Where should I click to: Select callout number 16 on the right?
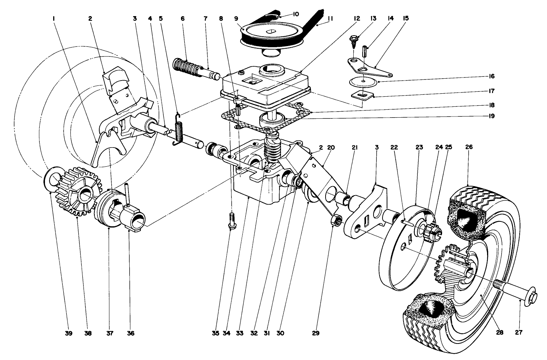click(491, 76)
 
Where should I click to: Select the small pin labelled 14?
click(363, 50)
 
